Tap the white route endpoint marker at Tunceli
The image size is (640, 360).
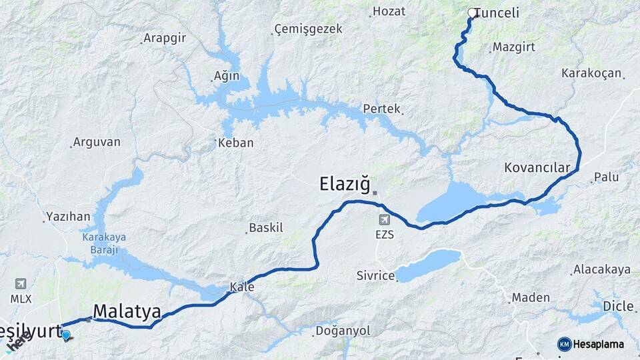coord(472,13)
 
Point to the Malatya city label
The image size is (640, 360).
coord(127,311)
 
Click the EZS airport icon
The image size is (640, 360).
coord(384,219)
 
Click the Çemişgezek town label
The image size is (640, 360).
coord(309,29)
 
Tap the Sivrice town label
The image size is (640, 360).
coord(375,275)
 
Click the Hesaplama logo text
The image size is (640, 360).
coord(599,344)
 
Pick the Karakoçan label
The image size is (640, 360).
coord(591,73)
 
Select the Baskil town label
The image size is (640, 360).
coord(266,228)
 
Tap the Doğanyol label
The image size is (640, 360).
coord(342,331)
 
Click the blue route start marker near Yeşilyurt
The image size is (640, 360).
coord(65,334)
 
